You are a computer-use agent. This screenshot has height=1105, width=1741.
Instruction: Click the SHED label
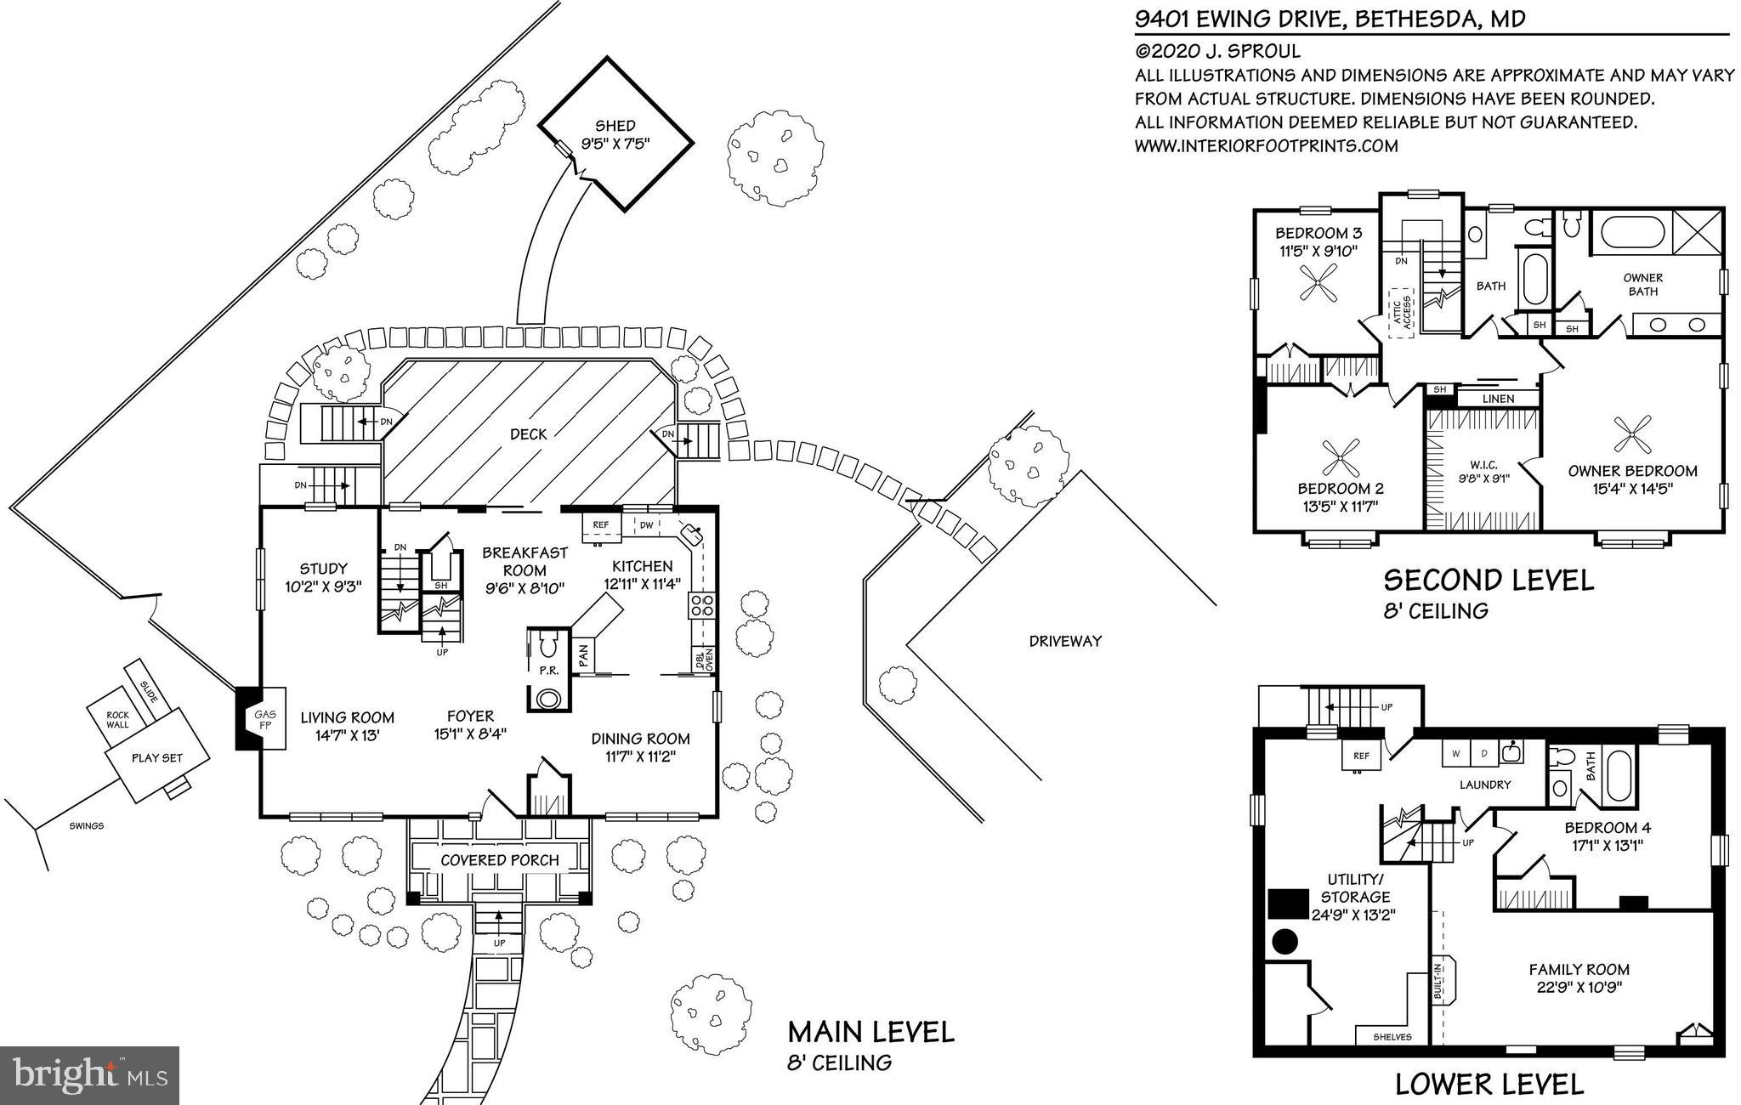[615, 126]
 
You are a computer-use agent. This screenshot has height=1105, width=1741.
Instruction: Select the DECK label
[528, 434]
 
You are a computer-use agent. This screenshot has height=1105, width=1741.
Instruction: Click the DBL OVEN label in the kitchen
[704, 659]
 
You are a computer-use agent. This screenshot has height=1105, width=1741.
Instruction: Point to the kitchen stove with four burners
[701, 606]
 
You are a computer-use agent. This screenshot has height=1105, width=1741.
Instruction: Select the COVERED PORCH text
[499, 860]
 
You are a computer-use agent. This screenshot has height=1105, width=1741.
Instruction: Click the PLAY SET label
[157, 758]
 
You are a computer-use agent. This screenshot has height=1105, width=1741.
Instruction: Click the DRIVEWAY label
[1064, 642]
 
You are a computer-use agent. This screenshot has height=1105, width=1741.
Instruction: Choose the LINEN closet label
[1498, 399]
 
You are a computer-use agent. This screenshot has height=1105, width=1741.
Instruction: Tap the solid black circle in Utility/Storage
[1285, 941]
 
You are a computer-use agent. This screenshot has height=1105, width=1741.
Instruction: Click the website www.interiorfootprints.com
[1266, 146]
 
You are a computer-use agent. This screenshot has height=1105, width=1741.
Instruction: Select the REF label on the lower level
[1361, 756]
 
